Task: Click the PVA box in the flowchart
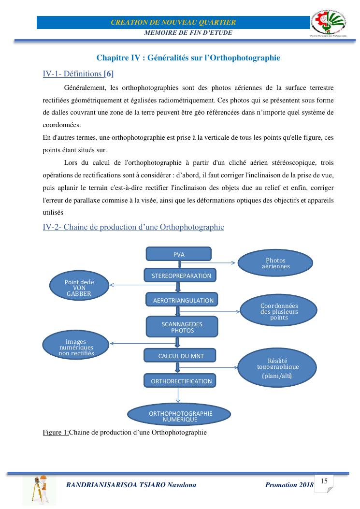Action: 179,254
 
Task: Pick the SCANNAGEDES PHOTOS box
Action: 182,327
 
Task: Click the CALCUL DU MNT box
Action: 180,356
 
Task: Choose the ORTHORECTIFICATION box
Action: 181,381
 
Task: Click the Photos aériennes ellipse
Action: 275,263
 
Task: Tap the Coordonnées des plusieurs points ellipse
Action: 279,311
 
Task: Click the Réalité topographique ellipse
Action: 277,367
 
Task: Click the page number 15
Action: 324,481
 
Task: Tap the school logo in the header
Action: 332,23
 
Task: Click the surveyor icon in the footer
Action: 39,489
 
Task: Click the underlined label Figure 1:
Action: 56,432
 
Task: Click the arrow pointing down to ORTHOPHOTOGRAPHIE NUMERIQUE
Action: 179,396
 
